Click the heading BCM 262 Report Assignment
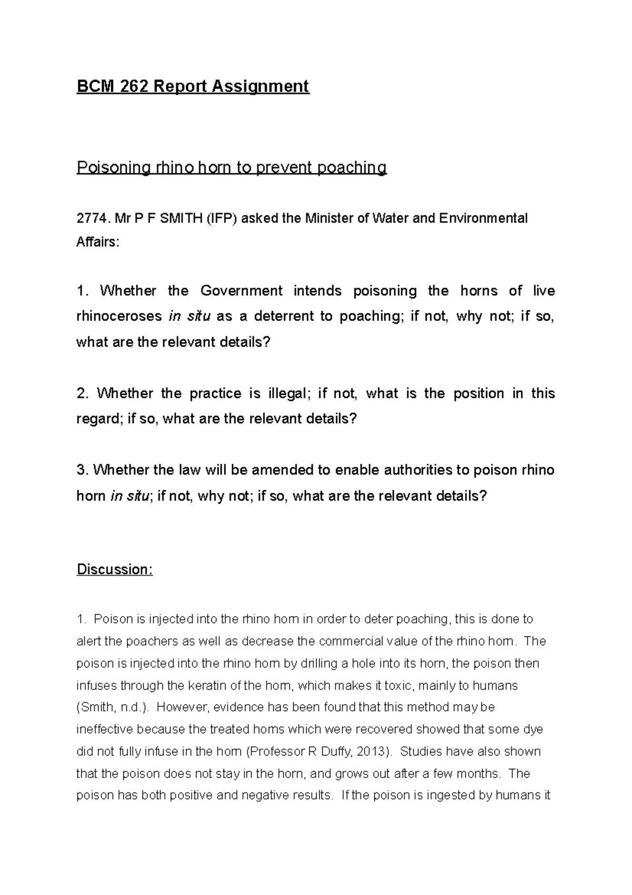point(193,86)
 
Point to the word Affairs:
point(98,243)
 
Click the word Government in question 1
point(242,291)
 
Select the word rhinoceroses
point(119,316)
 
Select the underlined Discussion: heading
point(115,570)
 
